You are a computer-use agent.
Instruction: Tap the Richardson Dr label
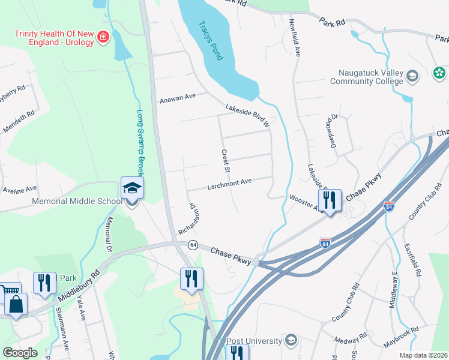click(x=188, y=218)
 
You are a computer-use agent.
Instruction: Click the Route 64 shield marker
click(x=193, y=245)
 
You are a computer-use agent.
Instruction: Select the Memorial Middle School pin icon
click(x=132, y=188)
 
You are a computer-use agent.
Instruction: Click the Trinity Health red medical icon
click(x=104, y=38)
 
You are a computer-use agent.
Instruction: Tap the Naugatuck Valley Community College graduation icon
click(x=412, y=76)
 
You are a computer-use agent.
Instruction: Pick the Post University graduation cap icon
click(x=291, y=341)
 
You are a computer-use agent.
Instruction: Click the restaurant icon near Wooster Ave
click(x=330, y=201)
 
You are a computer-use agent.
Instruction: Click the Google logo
click(x=20, y=353)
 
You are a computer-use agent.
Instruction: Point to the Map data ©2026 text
click(x=423, y=355)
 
